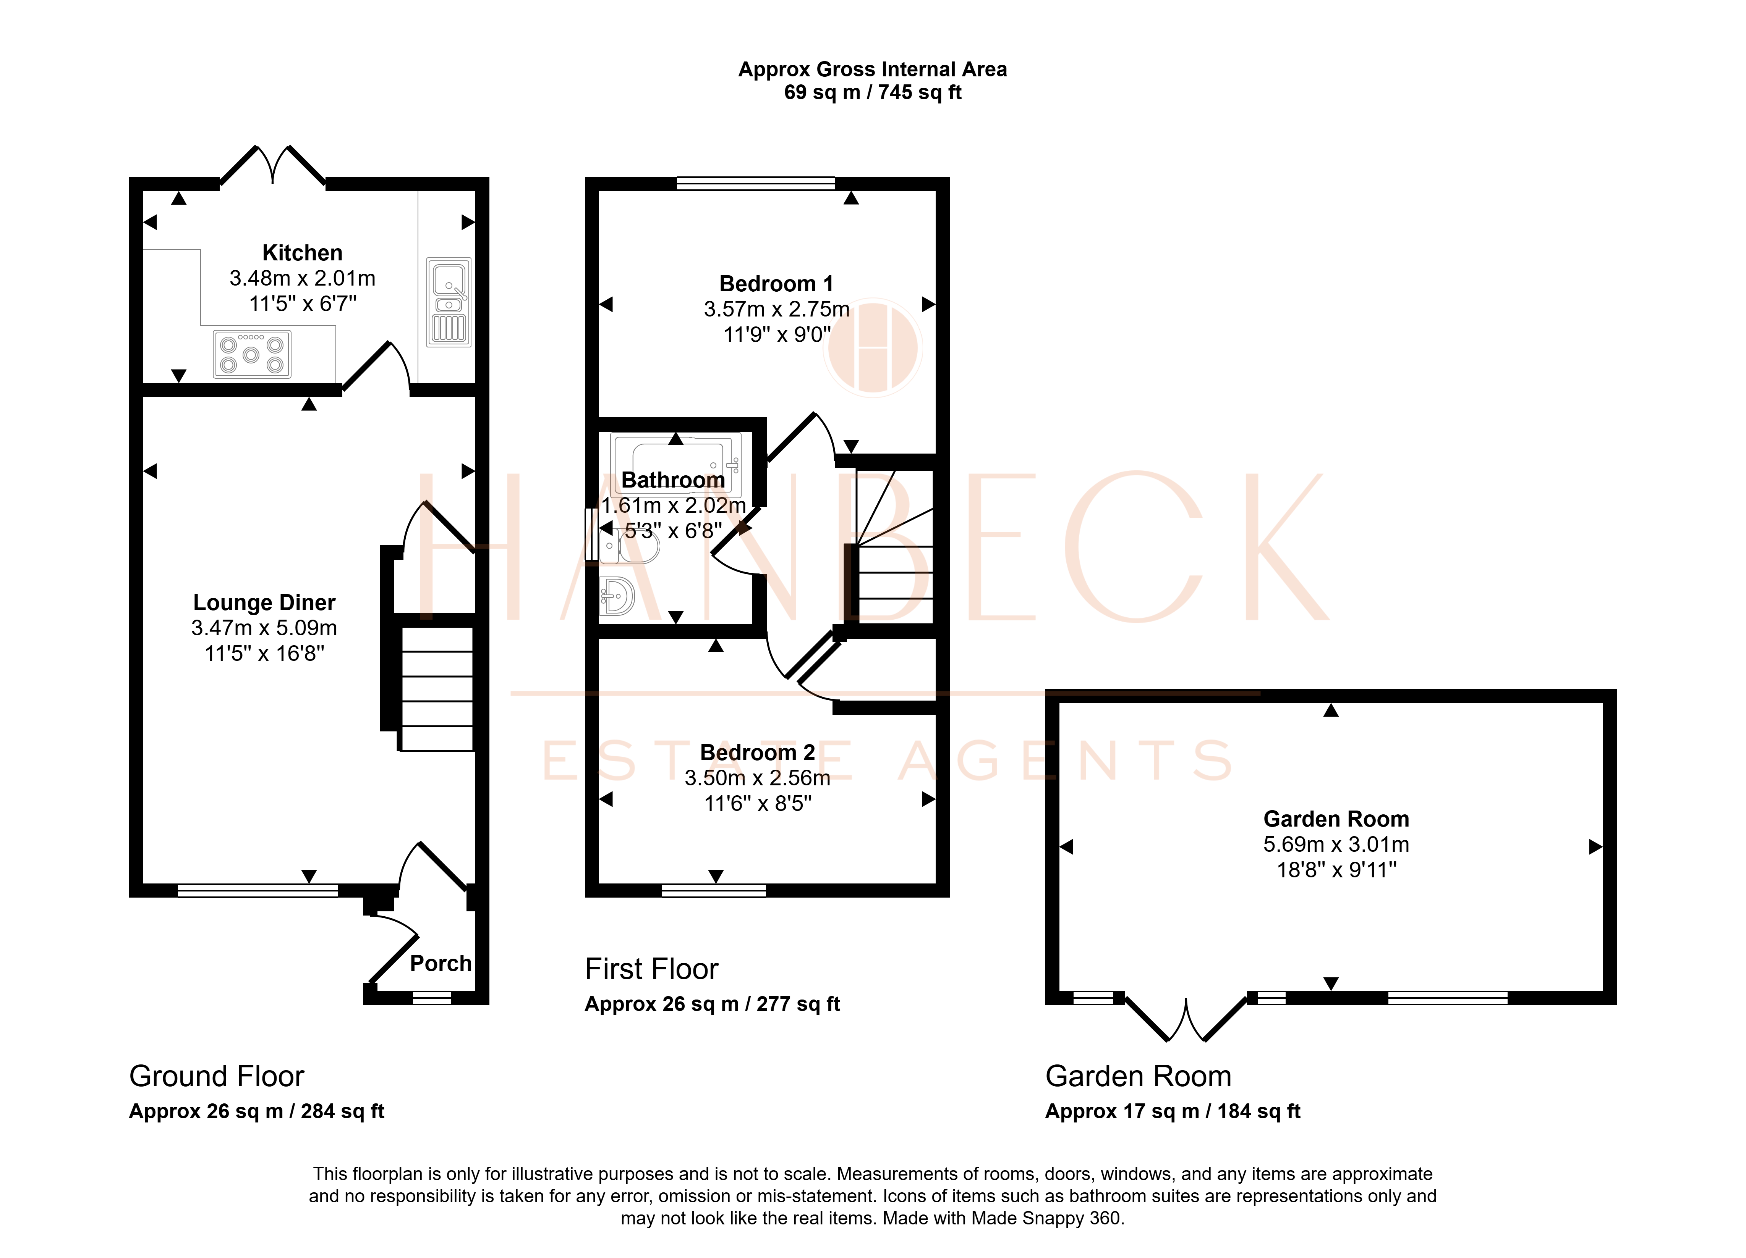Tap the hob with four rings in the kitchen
click(x=252, y=354)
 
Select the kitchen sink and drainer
click(x=449, y=302)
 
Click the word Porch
click(x=441, y=963)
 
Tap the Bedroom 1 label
click(x=776, y=284)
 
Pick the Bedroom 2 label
click(x=758, y=753)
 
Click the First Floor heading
click(x=651, y=969)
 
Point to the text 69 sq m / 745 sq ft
click(x=872, y=92)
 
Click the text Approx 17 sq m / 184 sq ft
click(x=1173, y=1112)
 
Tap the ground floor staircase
click(x=436, y=689)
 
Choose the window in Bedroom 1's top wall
click(x=756, y=183)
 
